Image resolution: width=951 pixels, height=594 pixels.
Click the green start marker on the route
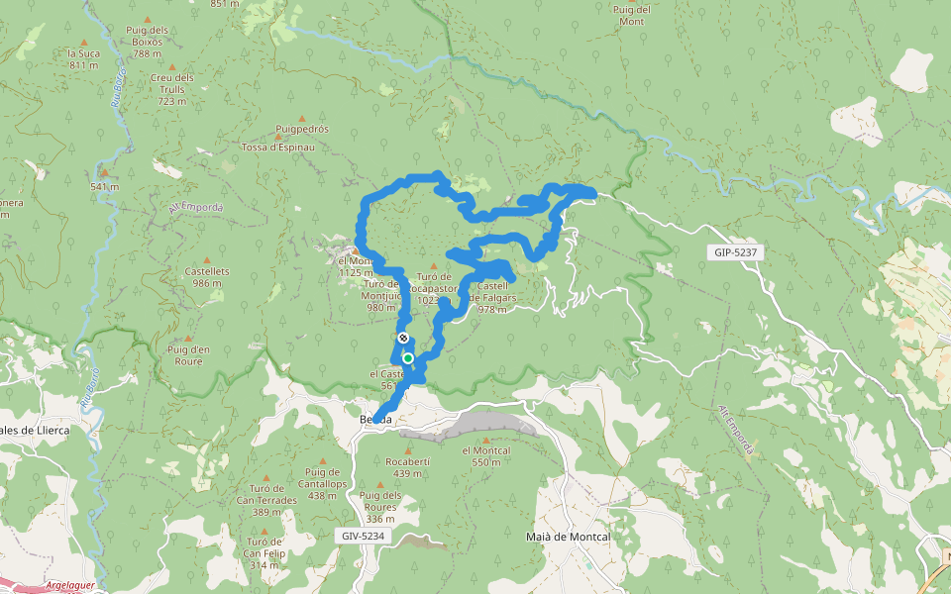click(407, 357)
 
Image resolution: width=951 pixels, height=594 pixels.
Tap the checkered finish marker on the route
click(403, 338)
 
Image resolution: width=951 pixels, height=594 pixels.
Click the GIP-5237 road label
click(735, 252)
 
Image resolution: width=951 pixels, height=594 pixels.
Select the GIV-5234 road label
click(362, 536)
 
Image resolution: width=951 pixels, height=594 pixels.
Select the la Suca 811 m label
click(83, 59)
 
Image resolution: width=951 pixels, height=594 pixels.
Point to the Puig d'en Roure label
click(188, 354)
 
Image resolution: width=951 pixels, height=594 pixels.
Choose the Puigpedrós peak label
click(302, 129)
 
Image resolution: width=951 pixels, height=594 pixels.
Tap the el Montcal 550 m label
click(485, 456)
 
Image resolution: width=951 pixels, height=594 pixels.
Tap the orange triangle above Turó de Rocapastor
click(434, 265)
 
